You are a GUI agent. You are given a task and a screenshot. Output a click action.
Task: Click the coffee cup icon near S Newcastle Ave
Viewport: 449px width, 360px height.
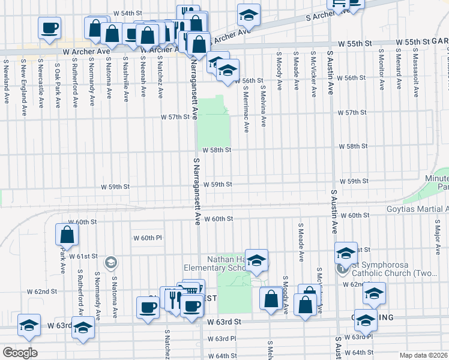(49, 27)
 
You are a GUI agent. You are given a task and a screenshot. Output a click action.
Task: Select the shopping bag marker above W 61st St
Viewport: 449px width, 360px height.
(67, 235)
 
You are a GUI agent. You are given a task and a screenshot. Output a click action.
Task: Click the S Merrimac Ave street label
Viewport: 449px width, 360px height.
(246, 106)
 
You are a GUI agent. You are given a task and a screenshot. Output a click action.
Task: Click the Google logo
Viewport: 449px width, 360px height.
(20, 352)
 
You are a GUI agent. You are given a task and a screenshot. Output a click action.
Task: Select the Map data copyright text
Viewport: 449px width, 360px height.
(424, 355)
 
